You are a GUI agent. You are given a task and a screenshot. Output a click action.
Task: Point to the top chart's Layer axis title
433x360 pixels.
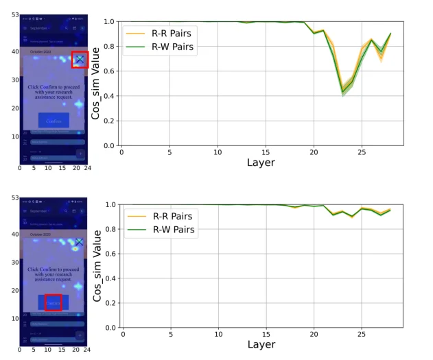[x=261, y=163]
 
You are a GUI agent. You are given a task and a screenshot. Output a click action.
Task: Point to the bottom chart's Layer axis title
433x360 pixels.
[x=261, y=344]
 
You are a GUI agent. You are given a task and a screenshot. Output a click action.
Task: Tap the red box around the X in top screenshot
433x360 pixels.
[x=80, y=60]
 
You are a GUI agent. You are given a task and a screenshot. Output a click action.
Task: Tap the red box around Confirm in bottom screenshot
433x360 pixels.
[x=54, y=302]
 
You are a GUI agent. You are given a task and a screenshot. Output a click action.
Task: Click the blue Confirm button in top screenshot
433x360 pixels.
[x=54, y=121]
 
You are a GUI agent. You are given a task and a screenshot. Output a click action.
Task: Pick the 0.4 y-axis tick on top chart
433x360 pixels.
[x=108, y=96]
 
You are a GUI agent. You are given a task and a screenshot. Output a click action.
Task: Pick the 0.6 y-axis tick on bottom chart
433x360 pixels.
[x=108, y=254]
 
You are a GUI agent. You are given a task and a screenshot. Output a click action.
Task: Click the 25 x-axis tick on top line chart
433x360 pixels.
[x=362, y=152]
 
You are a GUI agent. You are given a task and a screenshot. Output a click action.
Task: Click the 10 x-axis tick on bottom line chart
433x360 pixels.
[x=218, y=334]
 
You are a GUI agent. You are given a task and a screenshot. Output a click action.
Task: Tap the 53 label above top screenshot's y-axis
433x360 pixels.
[x=14, y=14]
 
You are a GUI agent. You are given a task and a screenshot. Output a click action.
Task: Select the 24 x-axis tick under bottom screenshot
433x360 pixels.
[x=87, y=349]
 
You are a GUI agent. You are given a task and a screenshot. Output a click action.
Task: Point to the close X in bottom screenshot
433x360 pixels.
[x=79, y=242]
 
